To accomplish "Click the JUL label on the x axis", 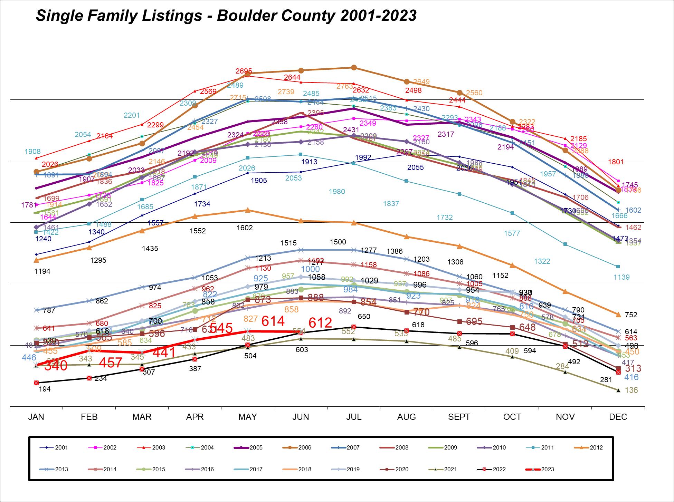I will pos(354,417).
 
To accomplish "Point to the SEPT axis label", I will pos(459,417).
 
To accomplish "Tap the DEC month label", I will pos(618,417).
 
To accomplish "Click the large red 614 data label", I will pos(273,321).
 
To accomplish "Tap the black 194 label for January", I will pos(45,389).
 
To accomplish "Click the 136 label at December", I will pos(632,390).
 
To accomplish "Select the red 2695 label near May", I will pos(244,71).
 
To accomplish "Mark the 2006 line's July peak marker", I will pos(354,68).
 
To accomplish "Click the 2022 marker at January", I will pos(36,383).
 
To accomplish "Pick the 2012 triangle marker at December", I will pos(618,315).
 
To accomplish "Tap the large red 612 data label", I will pos(320,323).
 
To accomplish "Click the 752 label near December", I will pos(631,315).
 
